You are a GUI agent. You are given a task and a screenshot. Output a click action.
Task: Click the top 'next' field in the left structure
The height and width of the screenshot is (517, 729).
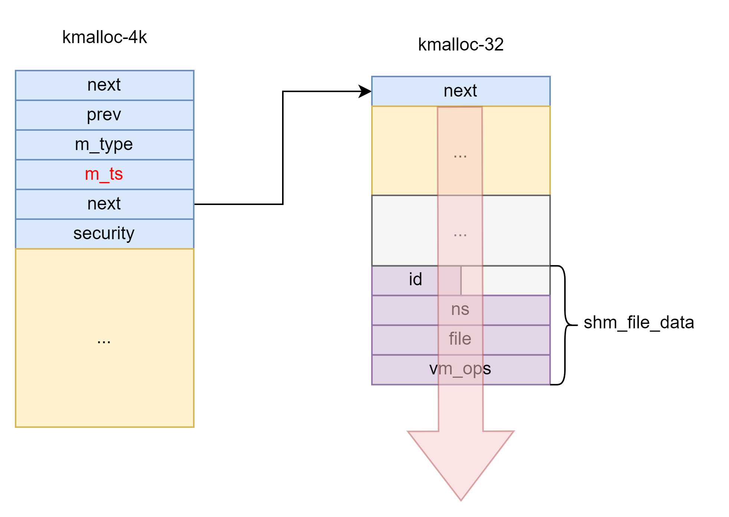click(x=104, y=85)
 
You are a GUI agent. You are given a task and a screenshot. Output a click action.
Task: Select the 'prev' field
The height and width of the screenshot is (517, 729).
click(x=104, y=115)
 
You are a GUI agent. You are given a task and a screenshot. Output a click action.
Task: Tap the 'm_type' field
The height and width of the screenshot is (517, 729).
click(x=104, y=144)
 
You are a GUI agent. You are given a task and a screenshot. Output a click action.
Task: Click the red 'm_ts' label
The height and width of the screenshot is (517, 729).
click(x=104, y=174)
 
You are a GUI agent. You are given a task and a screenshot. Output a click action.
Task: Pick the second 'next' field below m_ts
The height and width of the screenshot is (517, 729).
click(x=104, y=204)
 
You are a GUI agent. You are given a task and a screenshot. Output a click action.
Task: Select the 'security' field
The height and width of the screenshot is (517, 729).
click(x=104, y=234)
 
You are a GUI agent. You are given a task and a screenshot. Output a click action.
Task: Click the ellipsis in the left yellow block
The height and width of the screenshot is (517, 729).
click(x=104, y=340)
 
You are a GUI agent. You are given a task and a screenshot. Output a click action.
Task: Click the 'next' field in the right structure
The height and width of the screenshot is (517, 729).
click(x=460, y=91)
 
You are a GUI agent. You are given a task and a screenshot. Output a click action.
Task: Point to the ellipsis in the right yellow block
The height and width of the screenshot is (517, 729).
click(x=460, y=155)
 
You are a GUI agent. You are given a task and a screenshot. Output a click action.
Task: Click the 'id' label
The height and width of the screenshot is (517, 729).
click(x=415, y=280)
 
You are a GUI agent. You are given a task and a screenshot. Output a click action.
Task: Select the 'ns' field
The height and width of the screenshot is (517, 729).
click(x=460, y=309)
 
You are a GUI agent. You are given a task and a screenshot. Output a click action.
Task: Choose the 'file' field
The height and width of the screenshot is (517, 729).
click(x=460, y=339)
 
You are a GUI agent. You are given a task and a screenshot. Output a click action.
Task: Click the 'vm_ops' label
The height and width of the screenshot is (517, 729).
click(x=460, y=369)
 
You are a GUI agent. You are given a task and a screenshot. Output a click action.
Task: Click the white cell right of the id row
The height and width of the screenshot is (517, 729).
click(x=516, y=280)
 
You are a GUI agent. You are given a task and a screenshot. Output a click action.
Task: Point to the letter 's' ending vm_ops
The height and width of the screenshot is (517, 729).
click(x=487, y=369)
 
